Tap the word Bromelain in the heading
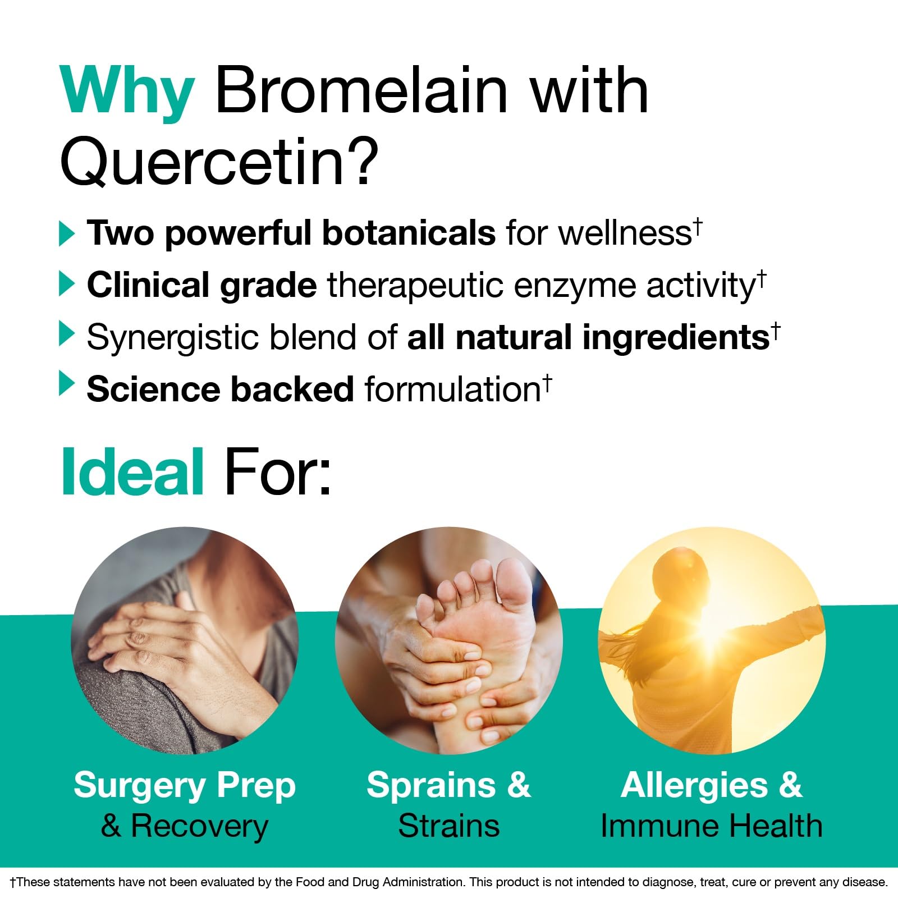coord(362,90)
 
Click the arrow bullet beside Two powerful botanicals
coord(67,233)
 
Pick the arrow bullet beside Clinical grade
coord(67,285)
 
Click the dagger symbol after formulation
coord(547,383)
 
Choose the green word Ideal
coord(132,472)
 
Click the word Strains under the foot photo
coord(449,826)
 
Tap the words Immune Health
coord(712,826)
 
